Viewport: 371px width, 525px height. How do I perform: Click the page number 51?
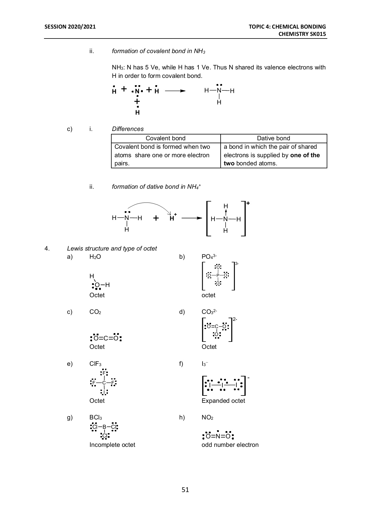point(185,490)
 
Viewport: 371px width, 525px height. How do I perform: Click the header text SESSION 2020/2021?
point(70,27)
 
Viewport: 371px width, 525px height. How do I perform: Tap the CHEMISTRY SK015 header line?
point(302,34)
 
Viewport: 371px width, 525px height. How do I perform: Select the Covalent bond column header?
point(165,138)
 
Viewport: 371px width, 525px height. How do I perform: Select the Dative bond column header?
point(273,138)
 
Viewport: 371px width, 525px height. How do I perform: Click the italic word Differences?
point(128,129)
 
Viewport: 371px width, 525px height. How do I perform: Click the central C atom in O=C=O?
point(106,338)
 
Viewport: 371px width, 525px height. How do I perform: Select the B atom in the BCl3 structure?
point(104,427)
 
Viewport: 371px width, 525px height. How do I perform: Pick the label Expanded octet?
point(223,401)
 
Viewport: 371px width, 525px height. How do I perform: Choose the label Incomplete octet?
point(112,445)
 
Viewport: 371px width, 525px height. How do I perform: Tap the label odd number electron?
point(230,445)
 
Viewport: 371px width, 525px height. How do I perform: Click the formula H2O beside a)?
point(95,257)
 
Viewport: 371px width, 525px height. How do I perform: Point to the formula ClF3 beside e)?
point(95,364)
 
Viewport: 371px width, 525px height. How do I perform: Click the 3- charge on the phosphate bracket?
point(237,264)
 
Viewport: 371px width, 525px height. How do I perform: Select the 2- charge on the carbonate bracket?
point(235,319)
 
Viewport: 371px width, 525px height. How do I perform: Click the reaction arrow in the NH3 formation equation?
point(175,91)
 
